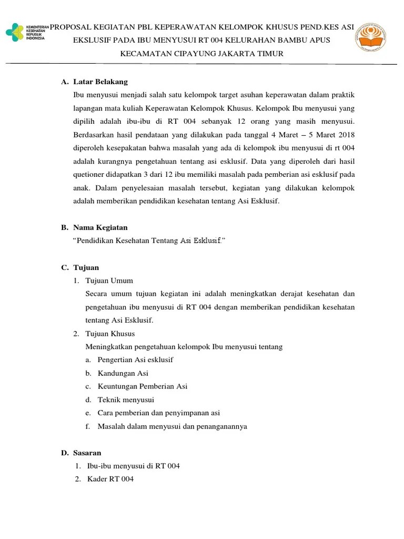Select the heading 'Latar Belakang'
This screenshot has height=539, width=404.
click(x=100, y=82)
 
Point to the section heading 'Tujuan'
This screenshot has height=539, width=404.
click(x=86, y=267)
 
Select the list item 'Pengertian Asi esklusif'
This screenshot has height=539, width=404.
click(x=135, y=360)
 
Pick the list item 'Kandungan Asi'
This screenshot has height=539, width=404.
click(x=123, y=373)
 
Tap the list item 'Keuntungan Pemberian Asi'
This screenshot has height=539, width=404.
click(x=142, y=386)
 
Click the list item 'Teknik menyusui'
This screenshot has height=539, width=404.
click(x=126, y=400)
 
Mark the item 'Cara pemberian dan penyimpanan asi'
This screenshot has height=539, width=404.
click(x=158, y=413)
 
